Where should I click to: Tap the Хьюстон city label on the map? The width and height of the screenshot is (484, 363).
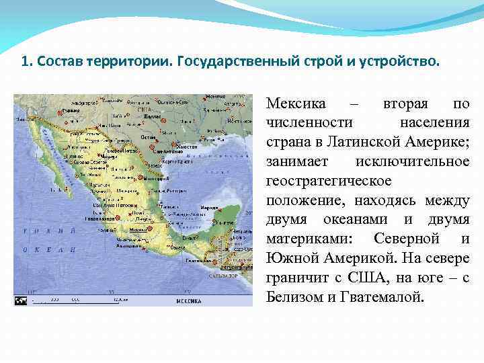pyautogui.click(x=186, y=146)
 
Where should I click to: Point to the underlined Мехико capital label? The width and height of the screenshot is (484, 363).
pyautogui.click(x=139, y=231)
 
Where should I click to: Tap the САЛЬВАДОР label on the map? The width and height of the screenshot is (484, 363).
pyautogui.click(x=223, y=276)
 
